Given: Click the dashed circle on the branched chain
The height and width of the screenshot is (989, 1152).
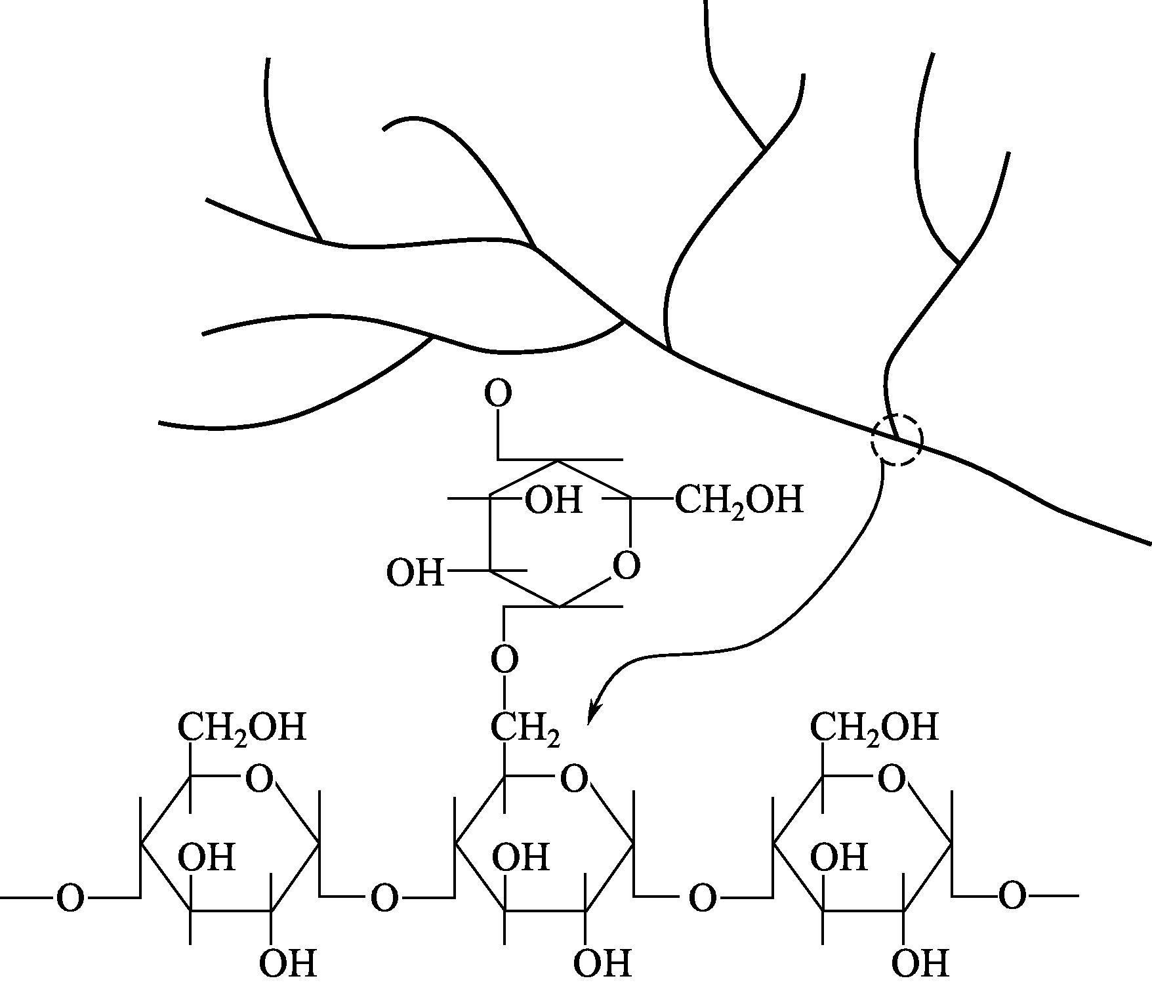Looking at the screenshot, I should click(897, 441).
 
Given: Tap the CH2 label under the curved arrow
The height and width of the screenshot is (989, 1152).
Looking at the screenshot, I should click(525, 729).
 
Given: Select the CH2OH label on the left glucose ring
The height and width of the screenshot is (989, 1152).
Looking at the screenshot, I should click(242, 727).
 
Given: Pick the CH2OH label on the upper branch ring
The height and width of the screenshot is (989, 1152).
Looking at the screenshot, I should click(739, 500).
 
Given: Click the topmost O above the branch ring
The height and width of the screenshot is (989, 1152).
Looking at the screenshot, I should click(498, 394).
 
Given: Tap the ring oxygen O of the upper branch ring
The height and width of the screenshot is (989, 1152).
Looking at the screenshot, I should click(626, 565).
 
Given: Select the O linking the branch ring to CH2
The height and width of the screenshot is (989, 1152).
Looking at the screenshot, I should click(504, 659).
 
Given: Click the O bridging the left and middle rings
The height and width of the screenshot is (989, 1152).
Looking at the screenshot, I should click(385, 898).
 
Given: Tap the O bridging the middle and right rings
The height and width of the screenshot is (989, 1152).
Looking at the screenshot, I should click(703, 898).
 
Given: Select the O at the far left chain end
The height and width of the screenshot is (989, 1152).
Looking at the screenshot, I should click(70, 898).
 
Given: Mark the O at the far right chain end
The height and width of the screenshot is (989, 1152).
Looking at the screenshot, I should click(1012, 897).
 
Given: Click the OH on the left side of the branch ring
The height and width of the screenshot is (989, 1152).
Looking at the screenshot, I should click(415, 573).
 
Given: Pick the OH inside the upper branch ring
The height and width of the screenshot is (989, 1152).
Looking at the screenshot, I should click(554, 500).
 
